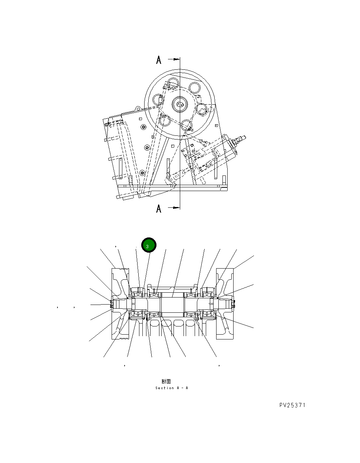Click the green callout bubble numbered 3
click(149, 245)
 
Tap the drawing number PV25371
click(293, 405)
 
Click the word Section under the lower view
click(165, 388)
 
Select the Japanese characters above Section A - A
click(166, 381)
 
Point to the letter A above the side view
click(159, 60)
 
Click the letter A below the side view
click(159, 209)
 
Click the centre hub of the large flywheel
click(181, 104)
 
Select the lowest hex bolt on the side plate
click(142, 173)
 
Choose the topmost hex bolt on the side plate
click(143, 128)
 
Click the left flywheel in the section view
click(120, 303)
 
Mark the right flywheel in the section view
click(225, 303)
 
